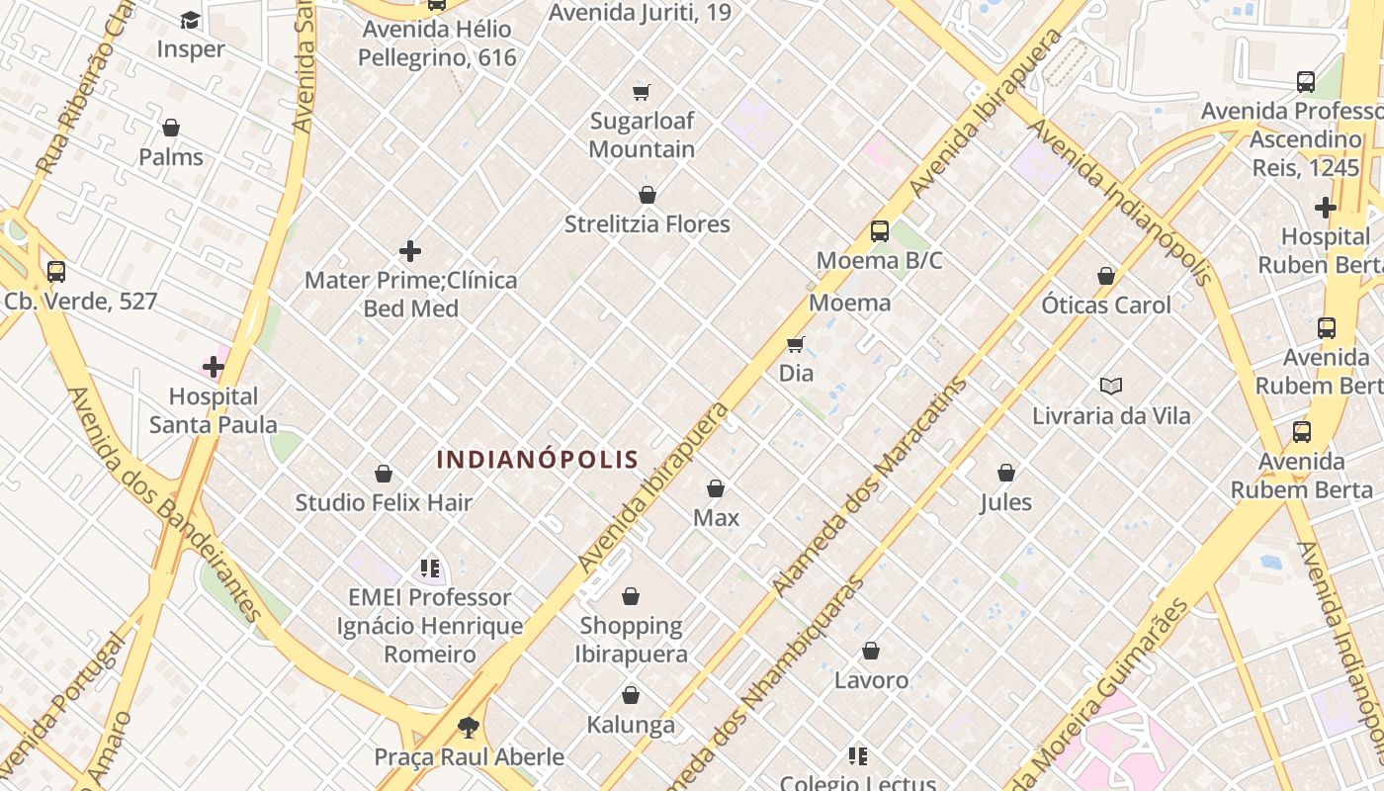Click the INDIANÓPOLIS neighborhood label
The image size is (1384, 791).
(x=538, y=460)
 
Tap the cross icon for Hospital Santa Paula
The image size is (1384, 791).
(x=213, y=368)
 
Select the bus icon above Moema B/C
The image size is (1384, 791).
(x=880, y=231)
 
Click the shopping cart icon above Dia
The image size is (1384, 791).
(x=796, y=344)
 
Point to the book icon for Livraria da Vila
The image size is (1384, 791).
(x=1111, y=386)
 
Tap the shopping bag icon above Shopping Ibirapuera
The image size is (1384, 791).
(x=631, y=596)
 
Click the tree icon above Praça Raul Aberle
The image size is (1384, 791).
(x=469, y=729)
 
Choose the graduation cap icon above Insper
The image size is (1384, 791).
(x=190, y=20)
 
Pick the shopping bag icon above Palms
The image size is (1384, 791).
(x=171, y=128)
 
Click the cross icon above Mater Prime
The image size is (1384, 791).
(x=410, y=251)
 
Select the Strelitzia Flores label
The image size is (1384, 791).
(x=647, y=224)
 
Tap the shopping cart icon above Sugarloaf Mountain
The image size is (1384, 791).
(x=642, y=92)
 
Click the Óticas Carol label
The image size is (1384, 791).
(x=1105, y=305)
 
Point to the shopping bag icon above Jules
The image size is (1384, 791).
(x=1006, y=473)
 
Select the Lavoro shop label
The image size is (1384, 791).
(x=871, y=680)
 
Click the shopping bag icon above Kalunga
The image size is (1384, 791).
(x=631, y=695)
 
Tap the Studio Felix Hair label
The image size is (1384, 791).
(x=384, y=502)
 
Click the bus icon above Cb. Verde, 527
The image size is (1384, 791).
(x=56, y=271)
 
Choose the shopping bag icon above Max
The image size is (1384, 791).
(x=716, y=488)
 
